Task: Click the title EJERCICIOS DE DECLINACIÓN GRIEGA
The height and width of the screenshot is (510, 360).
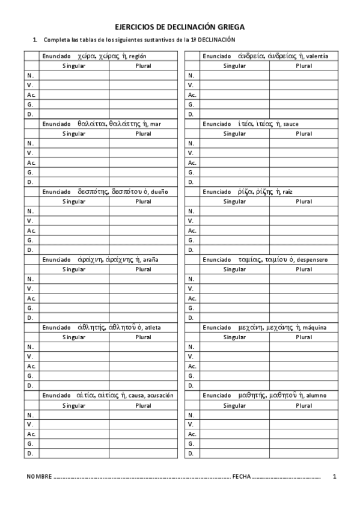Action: [180, 27]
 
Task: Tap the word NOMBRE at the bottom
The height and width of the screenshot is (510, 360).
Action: [40, 476]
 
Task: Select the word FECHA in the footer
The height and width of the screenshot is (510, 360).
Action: [241, 476]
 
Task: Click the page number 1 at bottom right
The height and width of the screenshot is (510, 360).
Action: [334, 476]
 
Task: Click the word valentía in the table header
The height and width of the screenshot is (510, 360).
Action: [317, 57]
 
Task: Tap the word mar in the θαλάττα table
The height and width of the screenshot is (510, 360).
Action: [156, 124]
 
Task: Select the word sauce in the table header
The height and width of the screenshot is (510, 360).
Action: [291, 124]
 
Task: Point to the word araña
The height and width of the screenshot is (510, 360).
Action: [151, 260]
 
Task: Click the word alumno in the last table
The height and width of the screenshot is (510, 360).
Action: [316, 396]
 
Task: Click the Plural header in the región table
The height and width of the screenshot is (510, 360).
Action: [143, 66]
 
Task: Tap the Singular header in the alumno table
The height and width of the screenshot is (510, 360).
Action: [234, 405]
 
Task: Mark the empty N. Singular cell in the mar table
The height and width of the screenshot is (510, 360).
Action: [74, 143]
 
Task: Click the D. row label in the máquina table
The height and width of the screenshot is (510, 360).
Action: [191, 386]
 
